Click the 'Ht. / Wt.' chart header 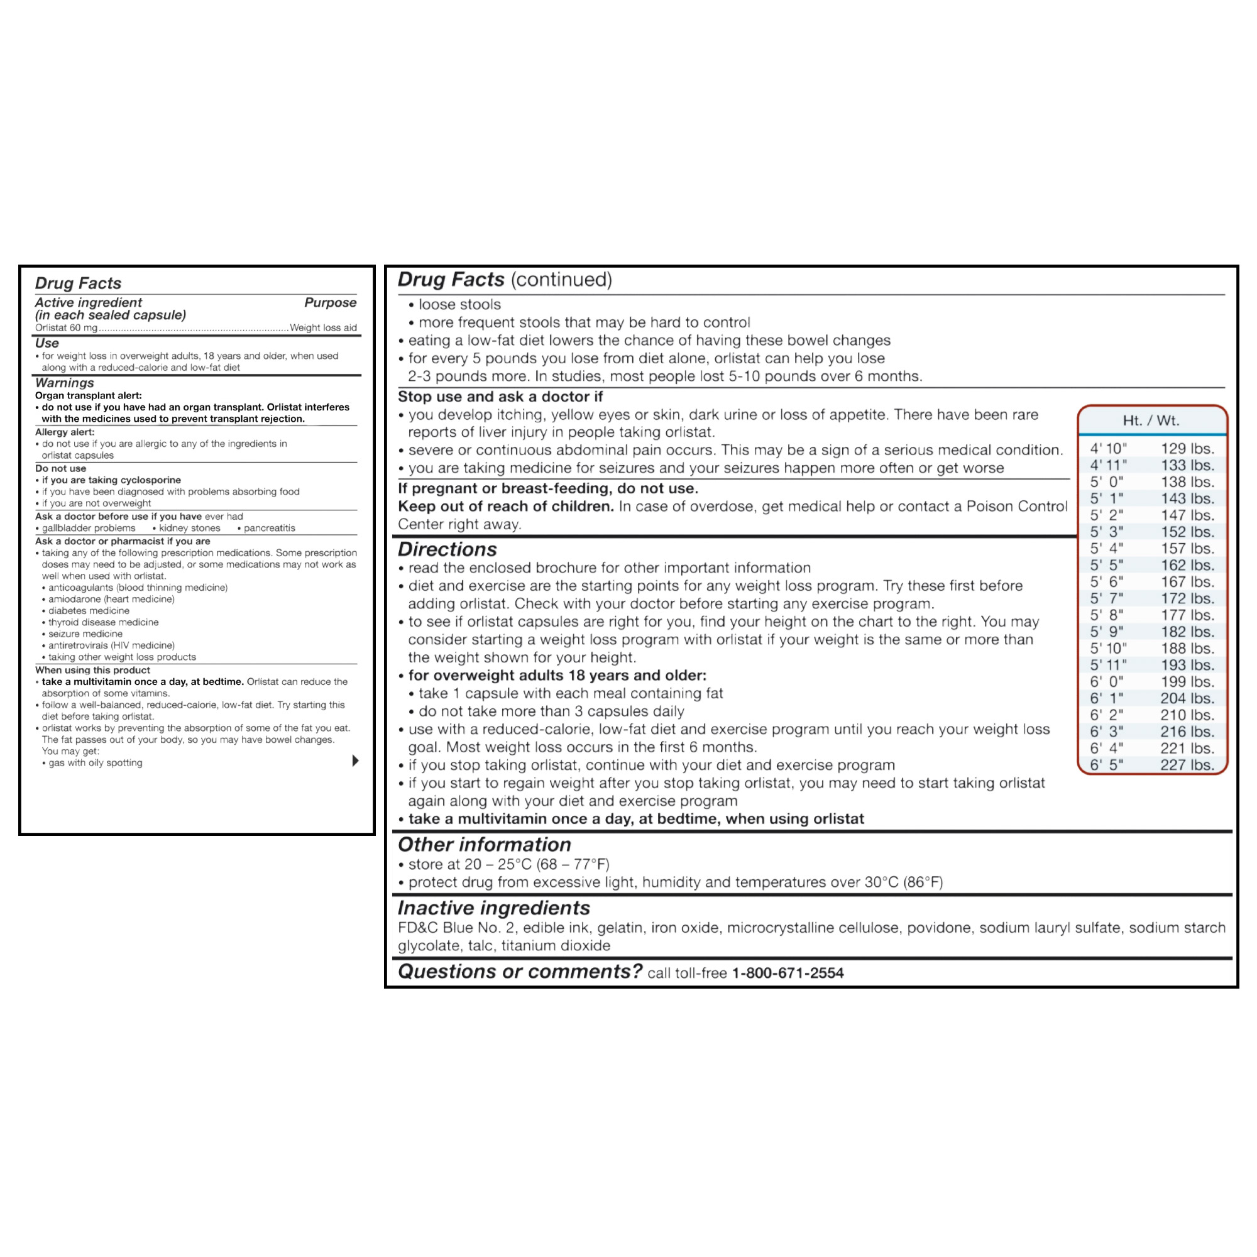tap(1151, 420)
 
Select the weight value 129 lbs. tap(1187, 448)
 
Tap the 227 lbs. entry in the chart tap(1187, 765)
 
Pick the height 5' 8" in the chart tap(1107, 615)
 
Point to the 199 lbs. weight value tap(1187, 682)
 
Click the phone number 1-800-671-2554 tap(788, 973)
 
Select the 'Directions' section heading tap(447, 549)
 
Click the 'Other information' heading tap(484, 845)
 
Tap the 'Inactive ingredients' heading tap(494, 908)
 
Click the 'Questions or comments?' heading tap(520, 972)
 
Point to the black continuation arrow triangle tap(355, 760)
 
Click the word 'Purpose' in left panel tap(330, 302)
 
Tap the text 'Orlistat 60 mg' tap(67, 328)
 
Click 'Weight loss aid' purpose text tap(323, 328)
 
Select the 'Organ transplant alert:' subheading tap(89, 395)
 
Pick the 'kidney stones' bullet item tap(189, 529)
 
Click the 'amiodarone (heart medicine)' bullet tap(111, 599)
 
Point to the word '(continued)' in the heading tap(561, 280)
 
